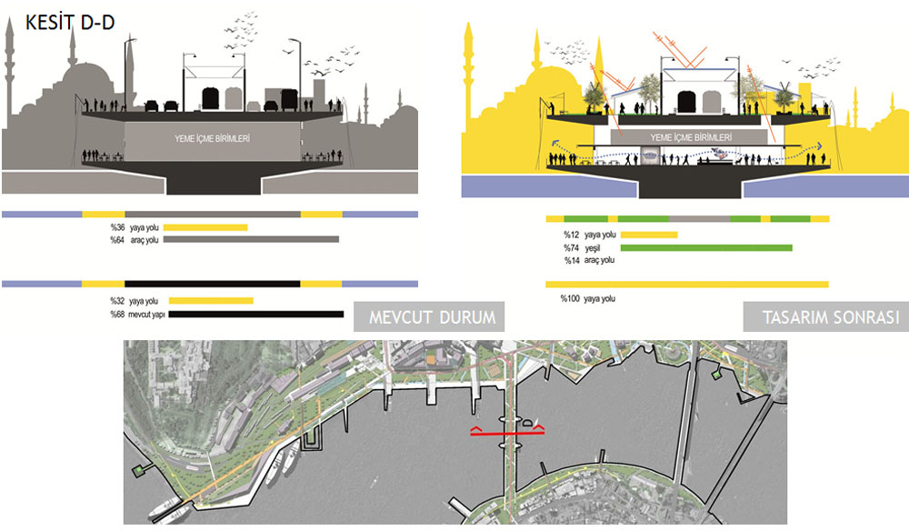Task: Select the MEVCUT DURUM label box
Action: click(431, 318)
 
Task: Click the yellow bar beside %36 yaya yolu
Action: click(205, 227)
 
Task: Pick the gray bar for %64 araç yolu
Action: click(251, 239)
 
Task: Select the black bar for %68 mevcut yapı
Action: click(256, 315)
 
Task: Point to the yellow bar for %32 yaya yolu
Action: click(211, 300)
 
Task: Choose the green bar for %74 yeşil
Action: click(706, 247)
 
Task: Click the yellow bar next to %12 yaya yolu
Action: click(649, 235)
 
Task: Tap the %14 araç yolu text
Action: click(589, 261)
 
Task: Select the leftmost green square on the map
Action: click(138, 469)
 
